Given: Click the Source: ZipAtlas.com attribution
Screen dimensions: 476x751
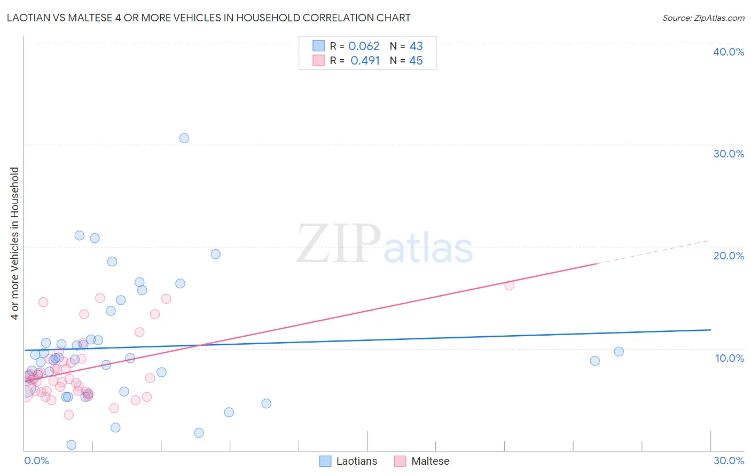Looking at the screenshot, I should click(x=703, y=18).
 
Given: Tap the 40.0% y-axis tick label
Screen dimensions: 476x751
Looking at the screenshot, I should click(x=729, y=52).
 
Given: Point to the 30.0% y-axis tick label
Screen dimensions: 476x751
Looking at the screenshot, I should click(x=729, y=154).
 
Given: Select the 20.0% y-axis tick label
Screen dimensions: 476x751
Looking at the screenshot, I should click(x=729, y=256).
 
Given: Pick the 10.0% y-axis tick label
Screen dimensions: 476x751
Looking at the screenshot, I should click(x=729, y=358).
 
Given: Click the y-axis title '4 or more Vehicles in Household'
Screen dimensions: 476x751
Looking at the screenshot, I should click(x=15, y=243).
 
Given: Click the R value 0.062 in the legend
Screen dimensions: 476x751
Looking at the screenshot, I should click(x=364, y=46).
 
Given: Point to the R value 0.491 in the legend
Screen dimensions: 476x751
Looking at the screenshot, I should click(x=365, y=61).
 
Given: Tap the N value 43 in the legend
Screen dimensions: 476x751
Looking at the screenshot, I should click(x=416, y=46).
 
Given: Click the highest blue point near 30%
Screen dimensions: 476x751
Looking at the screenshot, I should click(x=184, y=138).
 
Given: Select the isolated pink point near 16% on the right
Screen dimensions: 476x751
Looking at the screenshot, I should click(x=510, y=285).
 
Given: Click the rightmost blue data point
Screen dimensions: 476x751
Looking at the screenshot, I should click(x=619, y=352).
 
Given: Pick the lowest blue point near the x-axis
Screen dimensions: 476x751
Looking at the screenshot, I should click(x=72, y=445).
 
